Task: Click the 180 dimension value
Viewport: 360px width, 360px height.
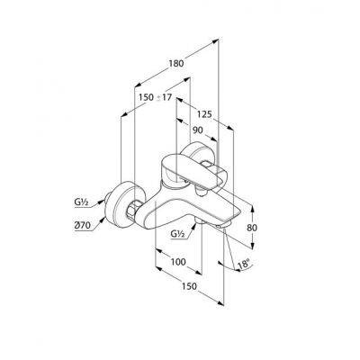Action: pyautogui.click(x=176, y=64)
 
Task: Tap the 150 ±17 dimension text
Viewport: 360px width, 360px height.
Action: pyautogui.click(x=155, y=97)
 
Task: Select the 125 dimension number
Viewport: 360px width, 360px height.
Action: pyautogui.click(x=204, y=114)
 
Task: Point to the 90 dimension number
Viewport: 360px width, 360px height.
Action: pyautogui.click(x=197, y=130)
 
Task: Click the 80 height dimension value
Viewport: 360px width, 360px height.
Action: pyautogui.click(x=252, y=228)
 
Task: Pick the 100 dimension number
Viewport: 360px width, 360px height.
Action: pyautogui.click(x=178, y=262)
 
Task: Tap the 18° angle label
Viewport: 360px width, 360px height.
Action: pyautogui.click(x=243, y=265)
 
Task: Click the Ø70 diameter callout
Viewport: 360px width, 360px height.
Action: pyautogui.click(x=82, y=226)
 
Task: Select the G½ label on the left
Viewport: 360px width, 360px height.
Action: pyautogui.click(x=81, y=202)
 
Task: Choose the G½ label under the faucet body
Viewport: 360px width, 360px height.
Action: pyautogui.click(x=177, y=233)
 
